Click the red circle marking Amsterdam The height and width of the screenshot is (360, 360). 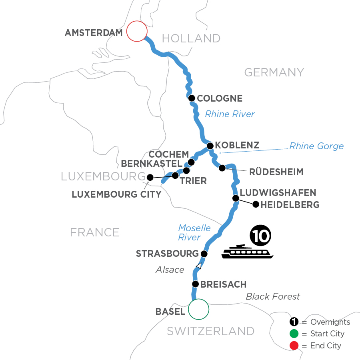[x=136, y=31]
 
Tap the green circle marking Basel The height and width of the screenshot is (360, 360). [x=199, y=309]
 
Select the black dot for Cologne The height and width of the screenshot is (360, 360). [x=192, y=98]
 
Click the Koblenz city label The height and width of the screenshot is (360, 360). [x=237, y=145]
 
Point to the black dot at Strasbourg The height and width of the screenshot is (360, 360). [x=204, y=254]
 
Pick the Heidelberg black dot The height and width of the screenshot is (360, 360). [x=255, y=205]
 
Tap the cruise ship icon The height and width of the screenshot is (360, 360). [x=247, y=252]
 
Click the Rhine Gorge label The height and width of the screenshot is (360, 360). [x=316, y=146]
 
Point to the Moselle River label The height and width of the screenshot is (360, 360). [x=194, y=232]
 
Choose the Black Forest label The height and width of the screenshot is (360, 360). [x=273, y=296]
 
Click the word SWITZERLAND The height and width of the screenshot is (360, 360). [x=210, y=331]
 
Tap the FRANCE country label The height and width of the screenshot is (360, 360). [x=95, y=232]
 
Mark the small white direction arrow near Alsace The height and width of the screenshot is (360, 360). [x=198, y=266]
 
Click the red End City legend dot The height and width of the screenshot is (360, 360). [x=295, y=346]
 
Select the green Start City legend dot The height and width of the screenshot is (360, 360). [x=295, y=334]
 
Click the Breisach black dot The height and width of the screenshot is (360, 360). [x=195, y=284]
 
